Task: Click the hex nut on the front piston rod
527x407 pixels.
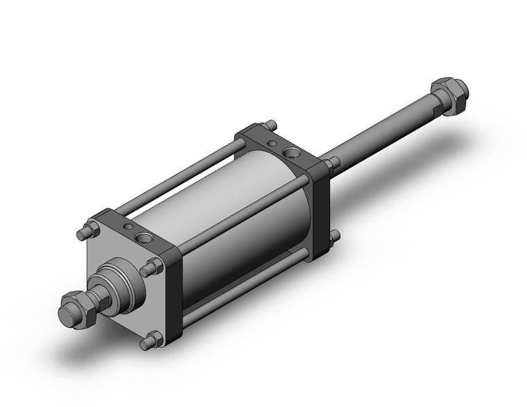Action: (82, 309)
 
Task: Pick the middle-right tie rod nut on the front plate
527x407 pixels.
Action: (153, 267)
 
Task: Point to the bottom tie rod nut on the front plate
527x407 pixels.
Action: (152, 340)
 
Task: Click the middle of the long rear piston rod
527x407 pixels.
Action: (378, 136)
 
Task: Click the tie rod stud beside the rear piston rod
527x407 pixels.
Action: (334, 164)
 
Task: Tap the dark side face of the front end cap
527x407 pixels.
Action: (173, 298)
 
